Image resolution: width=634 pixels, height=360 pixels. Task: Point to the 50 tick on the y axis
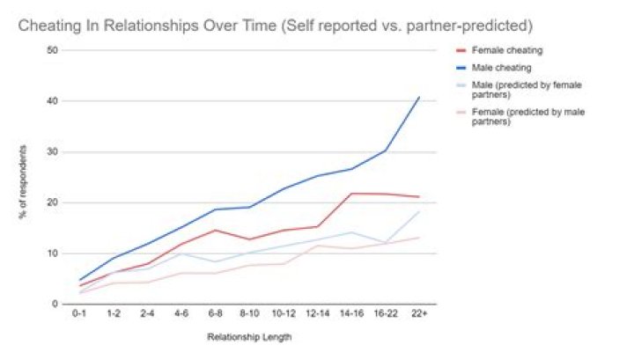(52, 50)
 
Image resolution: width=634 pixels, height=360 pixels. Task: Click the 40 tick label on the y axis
(52, 101)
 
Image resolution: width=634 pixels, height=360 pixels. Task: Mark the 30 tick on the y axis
(52, 152)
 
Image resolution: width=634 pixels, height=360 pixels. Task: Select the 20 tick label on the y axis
(52, 202)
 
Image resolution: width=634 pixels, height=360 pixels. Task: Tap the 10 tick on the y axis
(52, 253)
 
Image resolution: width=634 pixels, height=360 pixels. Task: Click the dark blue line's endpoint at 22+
(419, 97)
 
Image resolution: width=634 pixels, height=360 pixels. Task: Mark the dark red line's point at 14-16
(351, 194)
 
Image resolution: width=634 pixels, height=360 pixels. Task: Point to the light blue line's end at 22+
(419, 211)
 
